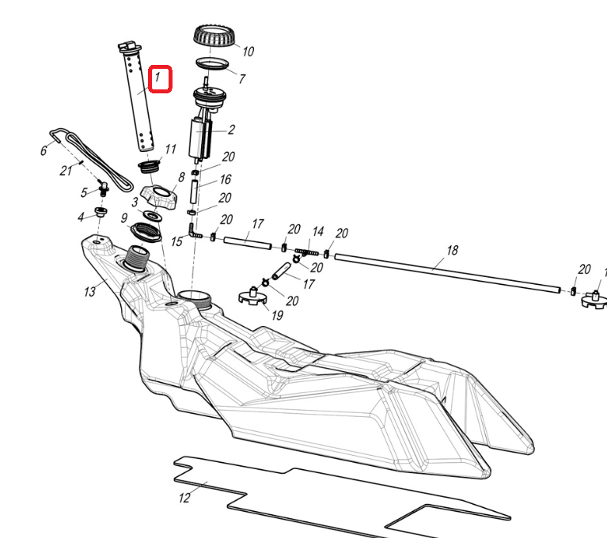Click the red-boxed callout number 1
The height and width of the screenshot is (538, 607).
[159, 78]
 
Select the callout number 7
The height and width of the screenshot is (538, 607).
[242, 79]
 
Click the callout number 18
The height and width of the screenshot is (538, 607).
[452, 250]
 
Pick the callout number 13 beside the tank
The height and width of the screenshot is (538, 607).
[89, 292]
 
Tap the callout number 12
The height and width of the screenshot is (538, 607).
[184, 498]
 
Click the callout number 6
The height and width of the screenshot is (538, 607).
[44, 150]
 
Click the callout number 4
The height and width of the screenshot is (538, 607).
[80, 217]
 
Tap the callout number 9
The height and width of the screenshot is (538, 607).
[123, 218]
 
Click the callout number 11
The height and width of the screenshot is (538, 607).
[171, 149]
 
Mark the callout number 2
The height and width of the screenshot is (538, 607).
[231, 129]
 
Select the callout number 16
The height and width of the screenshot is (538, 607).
[226, 180]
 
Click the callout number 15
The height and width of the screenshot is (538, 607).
[176, 241]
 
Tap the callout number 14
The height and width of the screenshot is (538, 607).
[318, 232]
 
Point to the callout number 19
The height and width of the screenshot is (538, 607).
[277, 315]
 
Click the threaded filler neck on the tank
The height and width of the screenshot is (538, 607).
[137, 256]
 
